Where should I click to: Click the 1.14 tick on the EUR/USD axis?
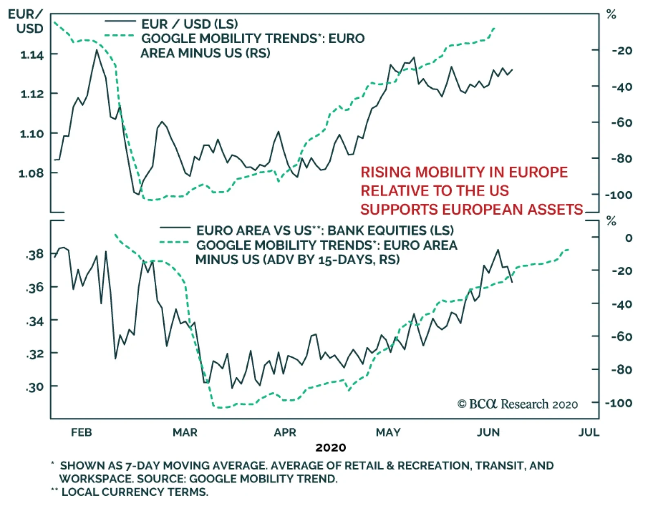(32, 55)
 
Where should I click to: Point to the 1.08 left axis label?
(31, 173)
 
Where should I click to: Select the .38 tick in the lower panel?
(35, 254)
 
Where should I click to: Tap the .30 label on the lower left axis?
(35, 387)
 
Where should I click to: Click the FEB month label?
(81, 432)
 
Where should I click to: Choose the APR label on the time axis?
(285, 432)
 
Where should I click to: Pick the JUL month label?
(589, 432)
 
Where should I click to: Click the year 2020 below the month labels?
(331, 447)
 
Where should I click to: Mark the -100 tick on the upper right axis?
(619, 195)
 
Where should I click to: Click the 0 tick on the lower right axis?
(629, 238)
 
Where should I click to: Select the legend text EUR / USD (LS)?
(190, 24)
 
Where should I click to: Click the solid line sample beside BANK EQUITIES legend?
(175, 228)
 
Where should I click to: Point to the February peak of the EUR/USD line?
(97, 50)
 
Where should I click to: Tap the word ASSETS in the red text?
(555, 210)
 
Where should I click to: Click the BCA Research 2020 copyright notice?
(518, 404)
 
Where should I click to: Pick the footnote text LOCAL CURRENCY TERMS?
(135, 492)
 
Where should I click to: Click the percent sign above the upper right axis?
(611, 15)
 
